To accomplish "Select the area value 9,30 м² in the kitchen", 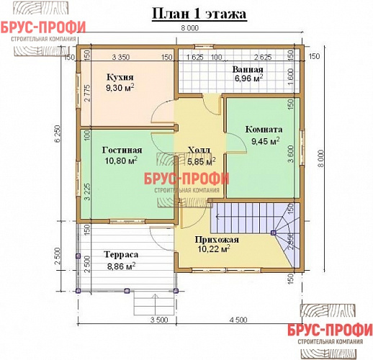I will (x=120, y=88).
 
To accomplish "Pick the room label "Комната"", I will (x=264, y=130).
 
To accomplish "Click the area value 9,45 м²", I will (x=264, y=141).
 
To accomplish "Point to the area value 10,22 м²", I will (x=214, y=250).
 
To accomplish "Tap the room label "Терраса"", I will (x=120, y=254).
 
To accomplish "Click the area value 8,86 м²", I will (x=120, y=266).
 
